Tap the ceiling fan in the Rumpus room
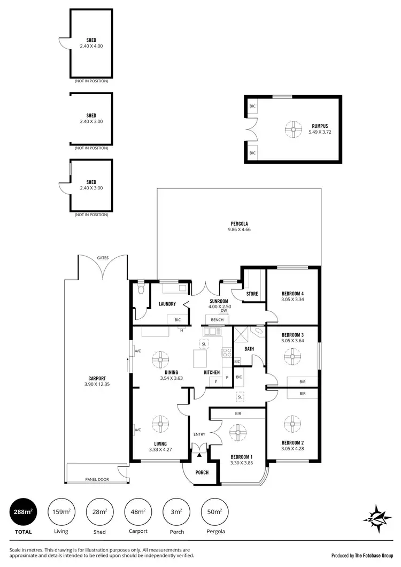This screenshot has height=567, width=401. click(x=292, y=129)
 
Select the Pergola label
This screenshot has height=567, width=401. click(x=239, y=224)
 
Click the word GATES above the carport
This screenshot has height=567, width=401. click(x=103, y=258)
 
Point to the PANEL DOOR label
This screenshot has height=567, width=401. click(x=96, y=479)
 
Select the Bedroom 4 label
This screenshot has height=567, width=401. click(x=292, y=294)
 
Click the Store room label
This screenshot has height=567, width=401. click(x=252, y=294)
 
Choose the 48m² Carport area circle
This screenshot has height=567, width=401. click(x=137, y=512)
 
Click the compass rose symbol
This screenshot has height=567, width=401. click(x=380, y=517)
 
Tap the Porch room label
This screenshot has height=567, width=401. click(x=202, y=472)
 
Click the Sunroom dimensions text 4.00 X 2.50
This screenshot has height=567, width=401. click(x=220, y=306)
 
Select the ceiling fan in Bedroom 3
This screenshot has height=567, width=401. click(x=292, y=356)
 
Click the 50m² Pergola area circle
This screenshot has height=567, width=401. click(x=214, y=512)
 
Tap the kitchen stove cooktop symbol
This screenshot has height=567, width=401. click(x=226, y=353)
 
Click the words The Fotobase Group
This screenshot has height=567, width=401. click(x=374, y=555)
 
